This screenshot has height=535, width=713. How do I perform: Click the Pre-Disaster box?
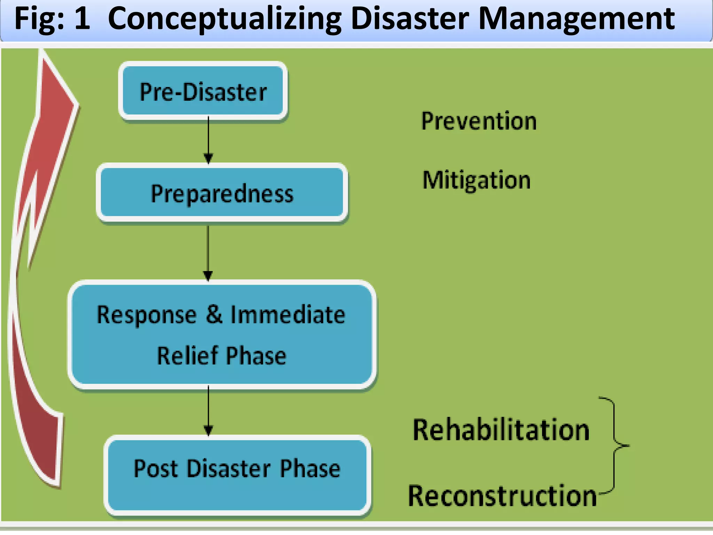(203, 91)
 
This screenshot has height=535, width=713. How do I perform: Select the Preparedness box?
(222, 193)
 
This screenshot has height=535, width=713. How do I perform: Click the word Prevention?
(479, 121)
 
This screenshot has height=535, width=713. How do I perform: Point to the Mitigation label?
(476, 180)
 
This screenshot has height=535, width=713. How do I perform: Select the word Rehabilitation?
(501, 430)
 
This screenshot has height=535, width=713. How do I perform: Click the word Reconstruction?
(502, 496)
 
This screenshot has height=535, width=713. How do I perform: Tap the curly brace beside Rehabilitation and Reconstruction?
(615, 445)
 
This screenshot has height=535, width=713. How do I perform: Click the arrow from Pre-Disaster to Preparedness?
(208, 139)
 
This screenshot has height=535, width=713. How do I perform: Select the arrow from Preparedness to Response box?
(208, 253)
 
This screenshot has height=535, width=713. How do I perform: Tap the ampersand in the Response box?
(214, 314)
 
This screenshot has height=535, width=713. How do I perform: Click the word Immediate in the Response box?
(288, 315)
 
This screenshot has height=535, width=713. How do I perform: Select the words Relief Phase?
(221, 356)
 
